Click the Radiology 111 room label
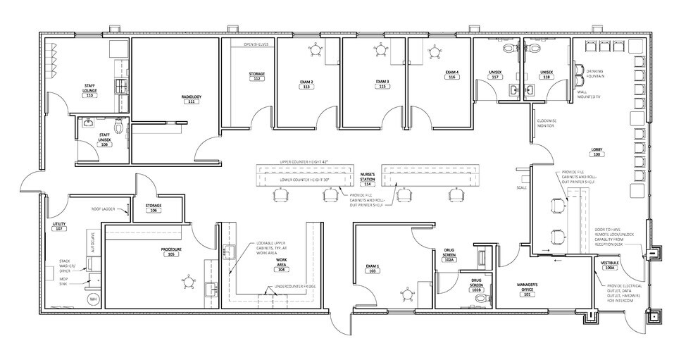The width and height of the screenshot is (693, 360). click(191, 99)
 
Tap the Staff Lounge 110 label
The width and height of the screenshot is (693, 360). click(89, 90)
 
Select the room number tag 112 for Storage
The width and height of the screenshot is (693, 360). click(257, 79)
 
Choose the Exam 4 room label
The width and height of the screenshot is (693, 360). click(451, 75)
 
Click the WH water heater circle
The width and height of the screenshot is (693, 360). click(92, 299)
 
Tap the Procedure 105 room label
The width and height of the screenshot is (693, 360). click(170, 252)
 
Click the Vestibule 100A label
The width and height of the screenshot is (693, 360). click(609, 265)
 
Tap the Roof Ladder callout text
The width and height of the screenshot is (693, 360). click(104, 209)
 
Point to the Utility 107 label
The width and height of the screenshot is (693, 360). click(59, 226)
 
